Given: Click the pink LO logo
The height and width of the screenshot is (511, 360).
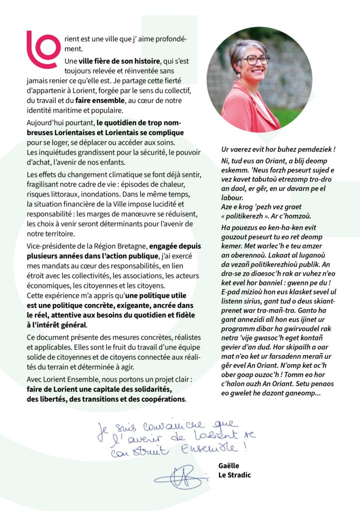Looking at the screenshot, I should pyautogui.click(x=43, y=49).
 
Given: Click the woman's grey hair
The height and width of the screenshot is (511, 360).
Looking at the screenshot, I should pyautogui.click(x=244, y=50).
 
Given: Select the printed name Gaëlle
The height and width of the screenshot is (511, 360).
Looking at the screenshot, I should pyautogui.click(x=229, y=466).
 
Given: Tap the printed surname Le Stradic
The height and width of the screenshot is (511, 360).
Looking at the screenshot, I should pyautogui.click(x=234, y=475).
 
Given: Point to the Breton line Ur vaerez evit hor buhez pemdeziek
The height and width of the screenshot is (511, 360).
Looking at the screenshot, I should pyautogui.click(x=278, y=149).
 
